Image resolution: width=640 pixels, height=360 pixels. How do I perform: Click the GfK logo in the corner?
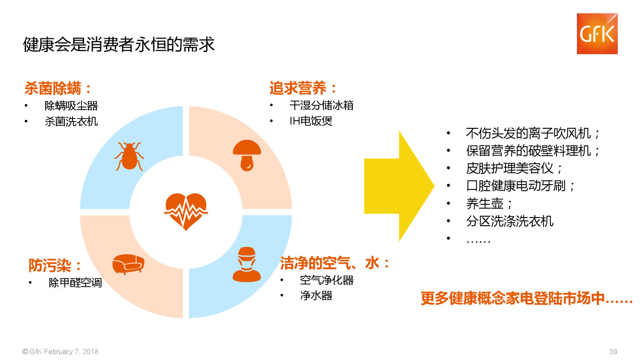[597, 34]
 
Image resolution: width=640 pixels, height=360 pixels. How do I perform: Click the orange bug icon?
[129, 156]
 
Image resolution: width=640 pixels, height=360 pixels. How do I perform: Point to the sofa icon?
[128, 264]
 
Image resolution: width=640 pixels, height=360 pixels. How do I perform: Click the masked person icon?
[247, 264]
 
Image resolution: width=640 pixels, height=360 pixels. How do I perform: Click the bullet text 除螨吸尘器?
[71, 106]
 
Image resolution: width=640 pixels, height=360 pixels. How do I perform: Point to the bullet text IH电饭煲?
[311, 121]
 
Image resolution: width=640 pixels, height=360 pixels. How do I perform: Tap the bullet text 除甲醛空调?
[75, 282]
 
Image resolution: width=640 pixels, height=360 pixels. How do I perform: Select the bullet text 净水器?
[316, 296]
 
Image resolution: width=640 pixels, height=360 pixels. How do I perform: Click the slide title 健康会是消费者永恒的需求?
[119, 44]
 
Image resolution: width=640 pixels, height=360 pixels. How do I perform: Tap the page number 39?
[613, 351]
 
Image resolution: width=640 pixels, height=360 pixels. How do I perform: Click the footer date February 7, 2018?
[71, 351]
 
